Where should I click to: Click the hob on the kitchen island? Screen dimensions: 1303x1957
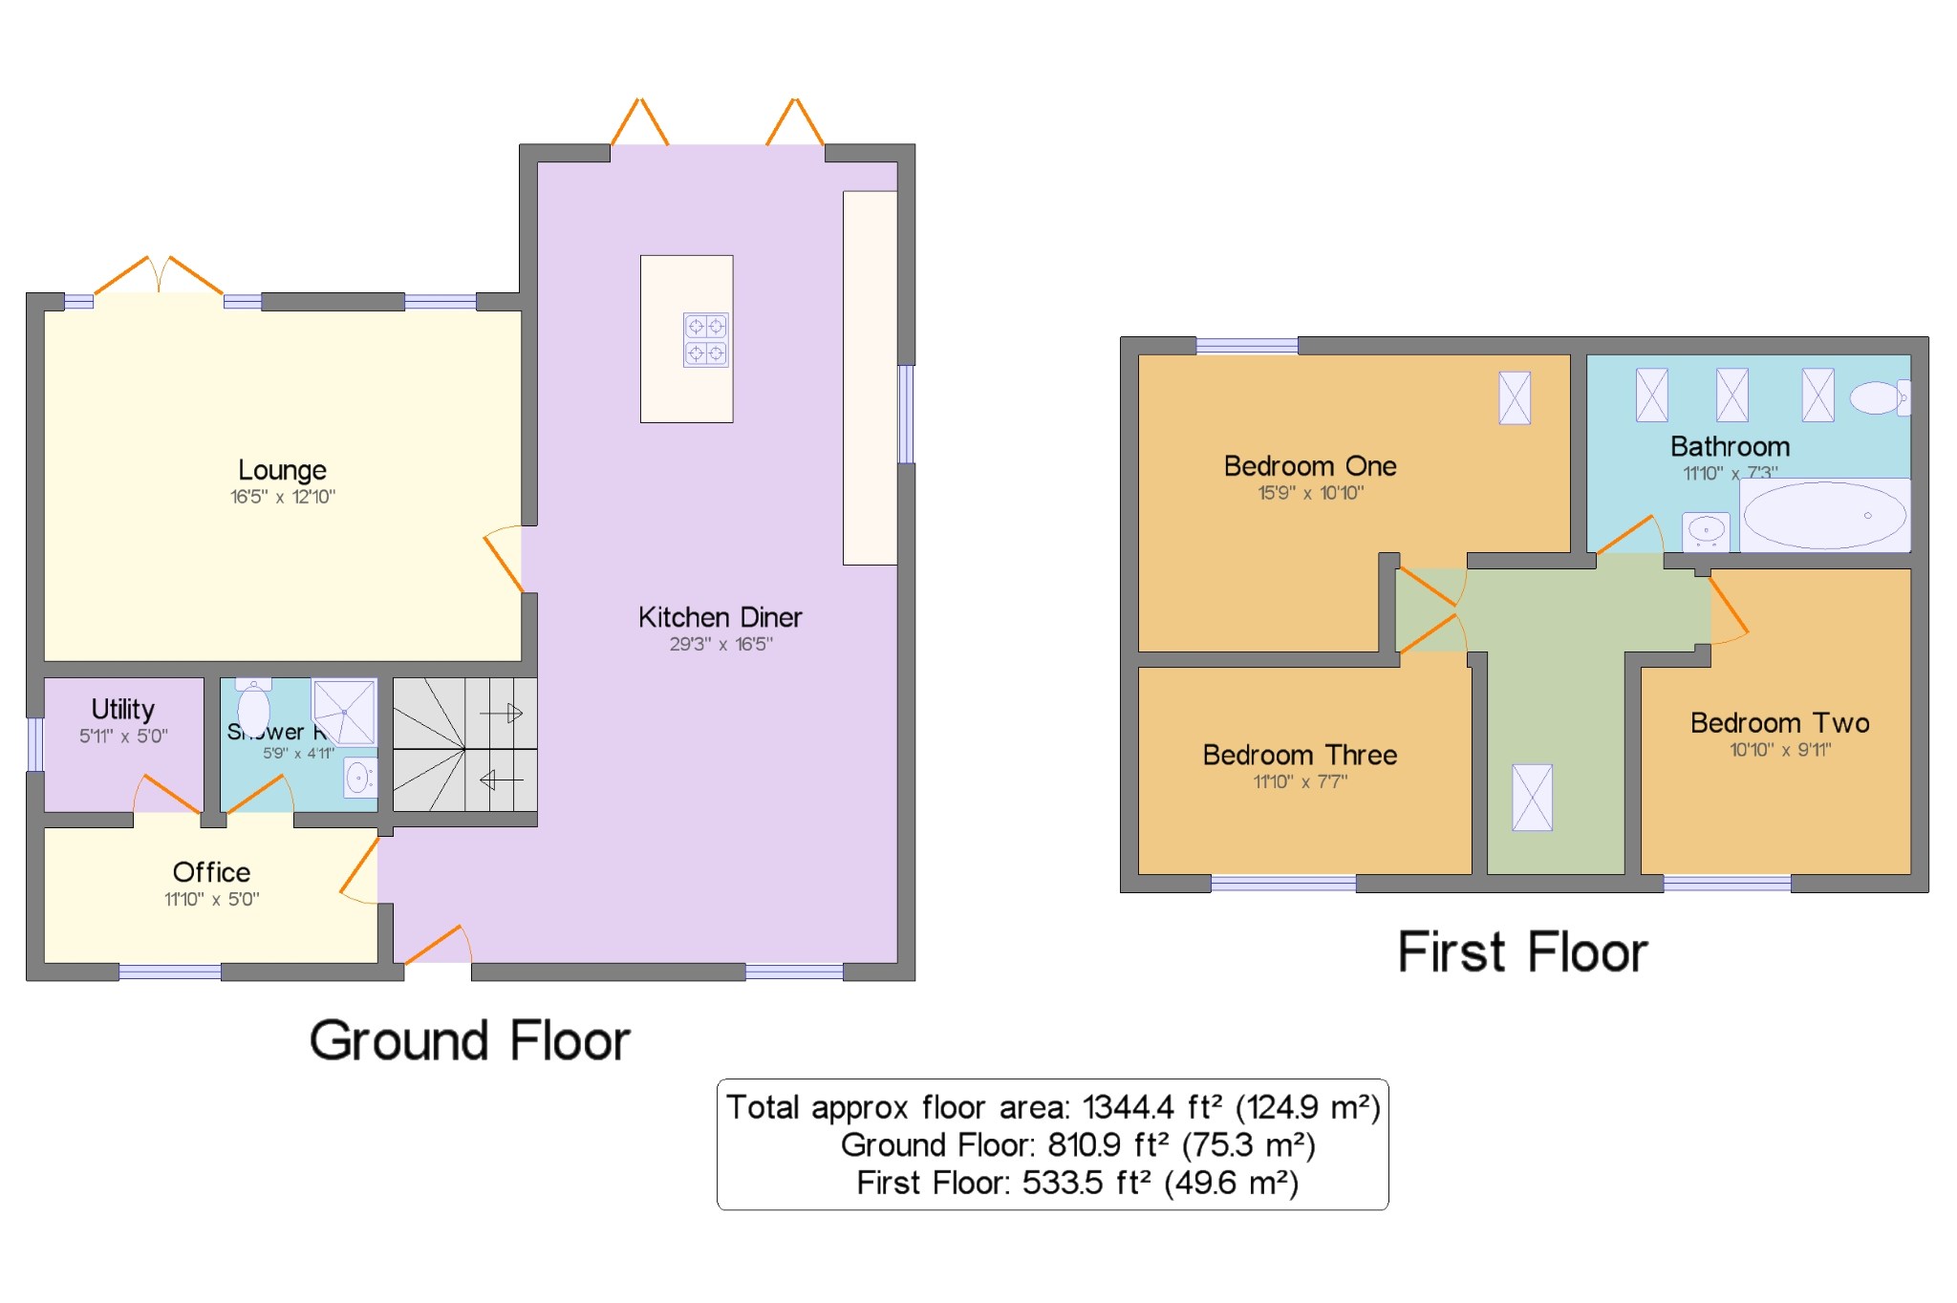705,340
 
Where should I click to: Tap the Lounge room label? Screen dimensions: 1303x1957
282,470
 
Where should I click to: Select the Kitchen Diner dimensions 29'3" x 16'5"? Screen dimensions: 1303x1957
720,645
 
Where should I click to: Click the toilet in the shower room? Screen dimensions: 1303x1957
253,706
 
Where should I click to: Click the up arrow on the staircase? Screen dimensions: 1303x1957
502,713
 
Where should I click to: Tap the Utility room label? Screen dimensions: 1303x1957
123,709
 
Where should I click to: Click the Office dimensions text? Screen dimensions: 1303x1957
211,900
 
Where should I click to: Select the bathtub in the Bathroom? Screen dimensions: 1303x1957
1824,516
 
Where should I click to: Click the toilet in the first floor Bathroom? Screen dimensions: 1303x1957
1879,397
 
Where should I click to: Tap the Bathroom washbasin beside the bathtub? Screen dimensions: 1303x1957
1706,529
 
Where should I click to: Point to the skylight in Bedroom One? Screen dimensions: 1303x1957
1515,397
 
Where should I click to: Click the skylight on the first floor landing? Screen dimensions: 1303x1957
1532,798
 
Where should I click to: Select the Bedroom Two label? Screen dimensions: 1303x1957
1779,723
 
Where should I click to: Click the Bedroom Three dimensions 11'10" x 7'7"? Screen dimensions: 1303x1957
1300,782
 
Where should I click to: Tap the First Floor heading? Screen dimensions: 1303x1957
1522,952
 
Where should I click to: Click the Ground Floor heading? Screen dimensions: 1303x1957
469,1040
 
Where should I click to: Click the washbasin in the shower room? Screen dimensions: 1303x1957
359,778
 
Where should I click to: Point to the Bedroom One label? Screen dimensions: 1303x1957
1309,466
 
